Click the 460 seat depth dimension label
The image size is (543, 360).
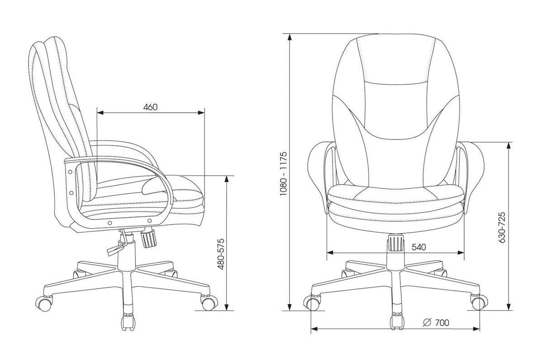(150, 107)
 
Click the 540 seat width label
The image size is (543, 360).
(419, 247)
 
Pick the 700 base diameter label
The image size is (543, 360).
(442, 322)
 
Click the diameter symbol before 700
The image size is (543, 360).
(427, 322)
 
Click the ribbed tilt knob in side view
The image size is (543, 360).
(149, 237)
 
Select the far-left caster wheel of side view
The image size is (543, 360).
(44, 304)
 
